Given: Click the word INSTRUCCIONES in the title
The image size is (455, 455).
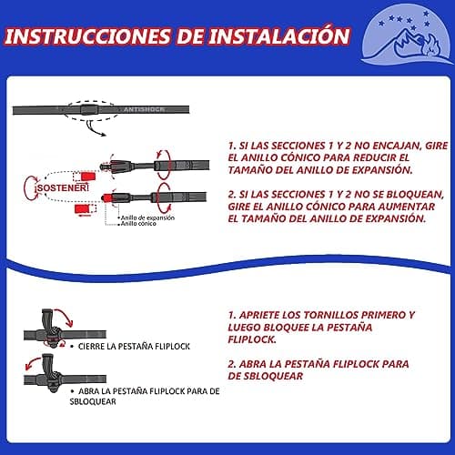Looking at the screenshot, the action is [87, 36].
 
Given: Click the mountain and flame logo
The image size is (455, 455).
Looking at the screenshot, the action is [406, 34].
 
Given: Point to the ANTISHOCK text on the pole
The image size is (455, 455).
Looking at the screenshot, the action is [144, 109].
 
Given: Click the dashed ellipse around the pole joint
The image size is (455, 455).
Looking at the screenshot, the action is [91, 102].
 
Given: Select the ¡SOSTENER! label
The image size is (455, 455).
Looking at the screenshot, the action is [62, 187].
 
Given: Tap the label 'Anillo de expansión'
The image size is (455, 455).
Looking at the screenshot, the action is [147, 217].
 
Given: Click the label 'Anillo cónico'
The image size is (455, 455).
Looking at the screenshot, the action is [138, 224].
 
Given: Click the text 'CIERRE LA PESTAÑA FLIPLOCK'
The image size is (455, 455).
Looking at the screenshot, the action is [134, 347].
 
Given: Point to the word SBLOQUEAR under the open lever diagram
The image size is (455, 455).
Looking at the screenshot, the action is [93, 401].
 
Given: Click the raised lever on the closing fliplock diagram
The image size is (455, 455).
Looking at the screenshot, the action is [47, 320].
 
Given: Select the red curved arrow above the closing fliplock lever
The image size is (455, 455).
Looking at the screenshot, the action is [66, 316].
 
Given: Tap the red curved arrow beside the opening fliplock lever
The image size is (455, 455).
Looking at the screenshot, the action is [32, 363].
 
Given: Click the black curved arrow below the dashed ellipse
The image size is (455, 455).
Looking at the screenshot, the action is [94, 129].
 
